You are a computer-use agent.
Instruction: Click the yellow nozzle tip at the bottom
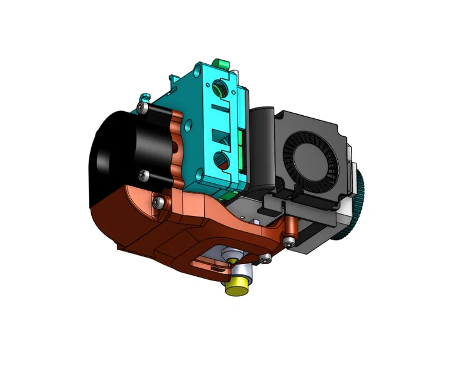(237, 287)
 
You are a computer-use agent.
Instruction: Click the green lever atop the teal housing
(221, 63)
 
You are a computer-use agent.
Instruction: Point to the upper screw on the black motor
(141, 107)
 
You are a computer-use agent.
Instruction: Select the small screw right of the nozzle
(265, 260)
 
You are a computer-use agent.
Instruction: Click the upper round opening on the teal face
(219, 90)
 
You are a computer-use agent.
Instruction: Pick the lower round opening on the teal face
(222, 160)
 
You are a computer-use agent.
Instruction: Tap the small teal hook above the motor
(144, 97)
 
